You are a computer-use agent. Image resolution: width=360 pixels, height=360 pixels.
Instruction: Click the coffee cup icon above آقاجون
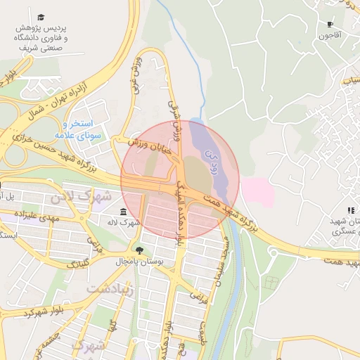(329, 25)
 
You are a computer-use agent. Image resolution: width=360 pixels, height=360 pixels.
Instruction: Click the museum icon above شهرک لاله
(124, 212)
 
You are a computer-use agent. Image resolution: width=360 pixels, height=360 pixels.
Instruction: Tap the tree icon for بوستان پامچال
(139, 249)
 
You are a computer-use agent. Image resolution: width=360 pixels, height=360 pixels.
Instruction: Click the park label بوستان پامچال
(139, 262)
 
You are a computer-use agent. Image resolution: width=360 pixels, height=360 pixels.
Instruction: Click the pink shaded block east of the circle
(257, 191)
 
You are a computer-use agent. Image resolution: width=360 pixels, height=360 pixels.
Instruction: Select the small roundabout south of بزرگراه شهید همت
(270, 281)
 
